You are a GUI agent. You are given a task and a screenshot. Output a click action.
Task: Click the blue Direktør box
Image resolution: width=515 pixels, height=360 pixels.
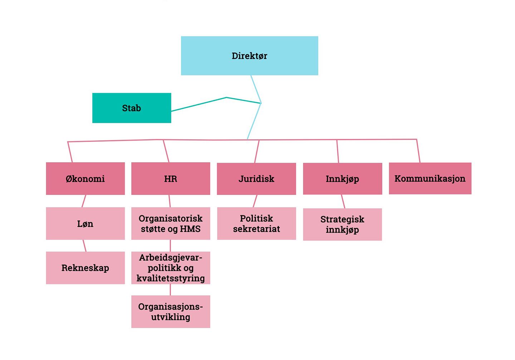click(249, 56)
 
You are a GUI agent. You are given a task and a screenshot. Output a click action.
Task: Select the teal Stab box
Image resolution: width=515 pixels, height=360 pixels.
click(132, 108)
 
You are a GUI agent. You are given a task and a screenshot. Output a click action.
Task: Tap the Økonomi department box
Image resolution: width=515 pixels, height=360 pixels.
click(85, 179)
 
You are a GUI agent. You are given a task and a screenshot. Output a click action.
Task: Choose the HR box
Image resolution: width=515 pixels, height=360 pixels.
click(171, 179)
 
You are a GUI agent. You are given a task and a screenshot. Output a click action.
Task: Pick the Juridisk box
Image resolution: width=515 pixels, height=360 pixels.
click(256, 179)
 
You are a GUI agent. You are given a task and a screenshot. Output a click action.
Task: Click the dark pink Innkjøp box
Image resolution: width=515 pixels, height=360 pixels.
click(342, 179)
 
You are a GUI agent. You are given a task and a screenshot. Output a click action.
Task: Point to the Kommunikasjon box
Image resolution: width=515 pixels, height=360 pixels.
click(430, 179)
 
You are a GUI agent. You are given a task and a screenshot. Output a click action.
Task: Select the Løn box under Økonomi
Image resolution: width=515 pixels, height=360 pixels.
click(85, 224)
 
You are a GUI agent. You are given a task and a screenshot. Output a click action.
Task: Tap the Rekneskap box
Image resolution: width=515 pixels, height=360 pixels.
click(85, 268)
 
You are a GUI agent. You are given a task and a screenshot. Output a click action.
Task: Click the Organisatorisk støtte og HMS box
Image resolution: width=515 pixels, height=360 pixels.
click(171, 224)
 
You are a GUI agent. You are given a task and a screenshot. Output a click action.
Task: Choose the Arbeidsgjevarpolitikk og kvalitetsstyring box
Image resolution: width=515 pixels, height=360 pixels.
click(171, 268)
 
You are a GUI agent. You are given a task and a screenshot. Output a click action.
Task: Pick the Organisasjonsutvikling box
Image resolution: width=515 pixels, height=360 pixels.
click(171, 312)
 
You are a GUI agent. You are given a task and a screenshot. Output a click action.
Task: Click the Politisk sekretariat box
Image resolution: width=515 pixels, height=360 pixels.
click(256, 224)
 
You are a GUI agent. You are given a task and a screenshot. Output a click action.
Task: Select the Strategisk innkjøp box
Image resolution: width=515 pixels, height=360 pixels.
click(342, 224)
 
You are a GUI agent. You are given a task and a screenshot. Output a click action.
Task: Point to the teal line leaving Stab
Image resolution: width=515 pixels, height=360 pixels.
click(199, 104)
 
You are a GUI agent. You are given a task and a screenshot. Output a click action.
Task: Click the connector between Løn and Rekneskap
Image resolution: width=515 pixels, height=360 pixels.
click(85, 246)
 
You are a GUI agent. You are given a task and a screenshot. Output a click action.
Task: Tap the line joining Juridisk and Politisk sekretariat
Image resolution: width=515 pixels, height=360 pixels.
click(255, 201)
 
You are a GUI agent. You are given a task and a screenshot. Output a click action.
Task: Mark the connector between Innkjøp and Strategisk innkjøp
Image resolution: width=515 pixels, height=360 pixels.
click(343, 201)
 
